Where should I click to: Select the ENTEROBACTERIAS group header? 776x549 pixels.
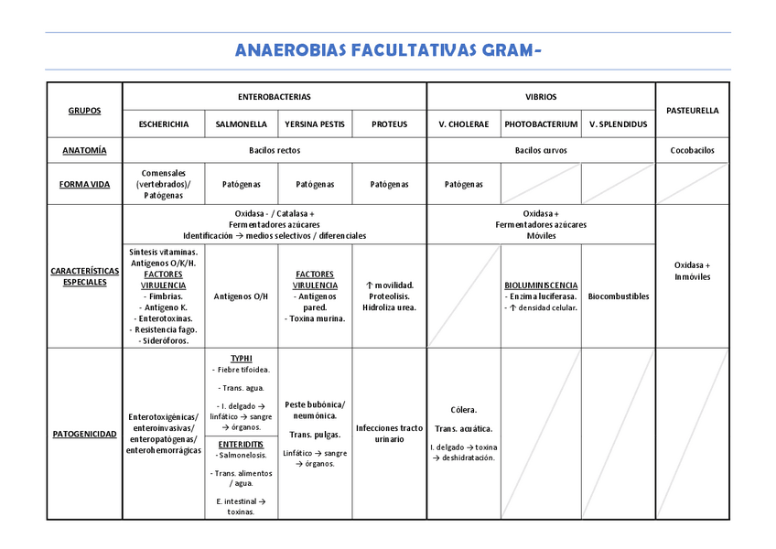(275, 96)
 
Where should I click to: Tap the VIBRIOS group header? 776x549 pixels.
(541, 96)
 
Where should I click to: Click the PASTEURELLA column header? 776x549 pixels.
(692, 110)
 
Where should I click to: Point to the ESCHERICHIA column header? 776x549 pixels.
(164, 124)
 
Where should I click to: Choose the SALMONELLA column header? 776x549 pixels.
(242, 124)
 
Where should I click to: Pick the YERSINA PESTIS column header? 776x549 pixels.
(315, 124)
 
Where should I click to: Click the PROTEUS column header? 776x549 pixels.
(390, 124)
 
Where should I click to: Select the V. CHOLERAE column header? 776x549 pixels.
(464, 124)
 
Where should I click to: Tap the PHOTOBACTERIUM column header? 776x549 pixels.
(541, 124)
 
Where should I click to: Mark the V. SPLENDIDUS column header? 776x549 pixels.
(618, 124)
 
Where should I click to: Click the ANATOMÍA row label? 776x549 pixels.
(84, 150)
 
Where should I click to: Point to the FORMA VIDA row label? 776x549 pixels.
(84, 184)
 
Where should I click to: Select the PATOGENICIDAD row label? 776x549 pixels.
(84, 433)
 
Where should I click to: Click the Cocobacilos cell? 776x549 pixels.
(692, 150)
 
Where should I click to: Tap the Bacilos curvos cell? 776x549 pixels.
(541, 150)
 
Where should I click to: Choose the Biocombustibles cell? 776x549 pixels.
(618, 296)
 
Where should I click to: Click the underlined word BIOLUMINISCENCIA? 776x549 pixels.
(541, 285)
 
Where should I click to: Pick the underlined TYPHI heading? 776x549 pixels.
(242, 359)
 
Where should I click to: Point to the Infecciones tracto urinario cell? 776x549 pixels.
(390, 433)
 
